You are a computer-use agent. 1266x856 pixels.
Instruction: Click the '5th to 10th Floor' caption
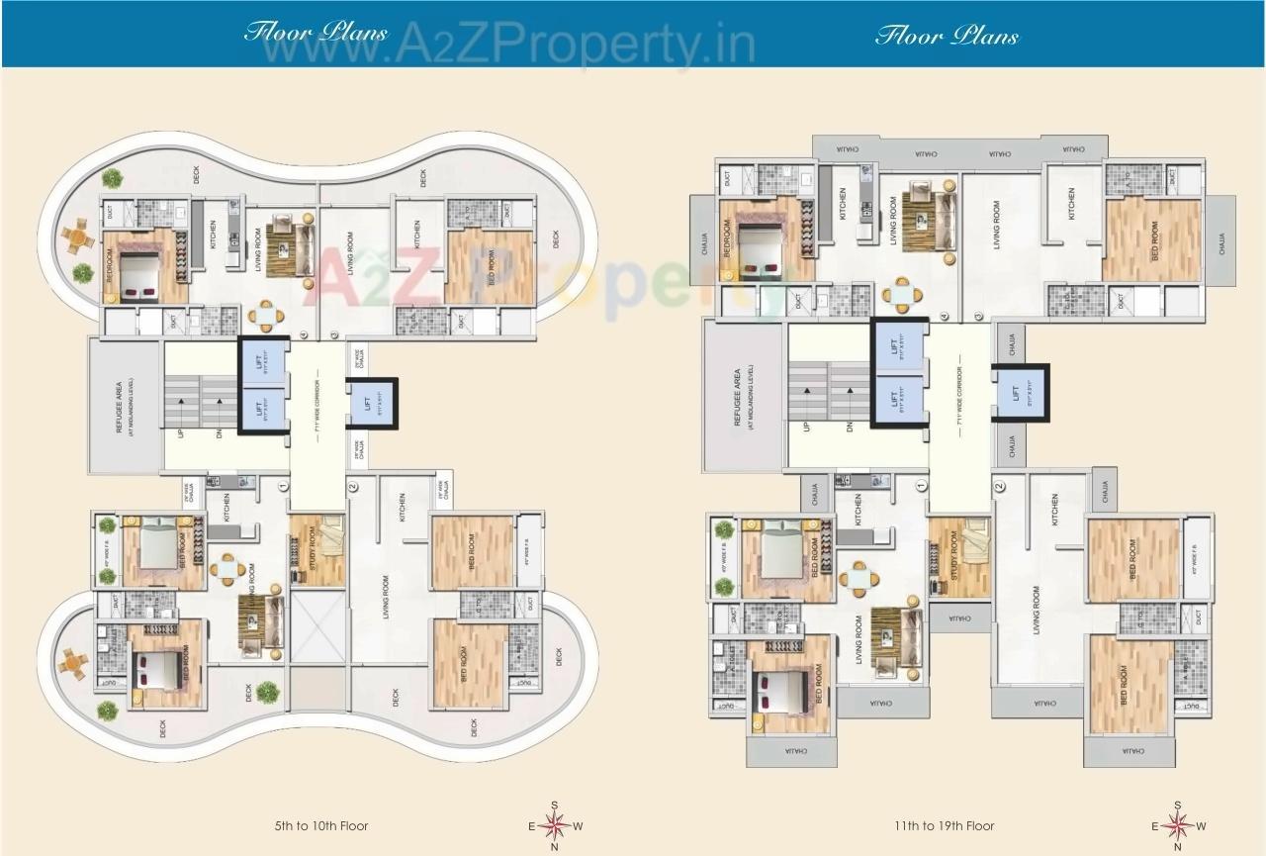[x=322, y=825]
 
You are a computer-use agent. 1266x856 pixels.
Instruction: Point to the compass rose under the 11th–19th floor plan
[x=1178, y=825]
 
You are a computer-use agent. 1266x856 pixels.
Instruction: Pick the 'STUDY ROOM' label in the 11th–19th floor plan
[x=954, y=557]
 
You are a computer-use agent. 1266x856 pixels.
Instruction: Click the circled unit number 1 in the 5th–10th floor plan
[x=283, y=486]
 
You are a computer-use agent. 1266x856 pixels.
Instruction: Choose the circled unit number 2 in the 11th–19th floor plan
[x=999, y=486]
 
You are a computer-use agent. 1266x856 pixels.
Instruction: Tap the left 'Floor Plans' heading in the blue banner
[x=316, y=32]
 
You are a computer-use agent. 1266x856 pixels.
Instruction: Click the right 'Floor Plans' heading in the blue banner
[x=947, y=37]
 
